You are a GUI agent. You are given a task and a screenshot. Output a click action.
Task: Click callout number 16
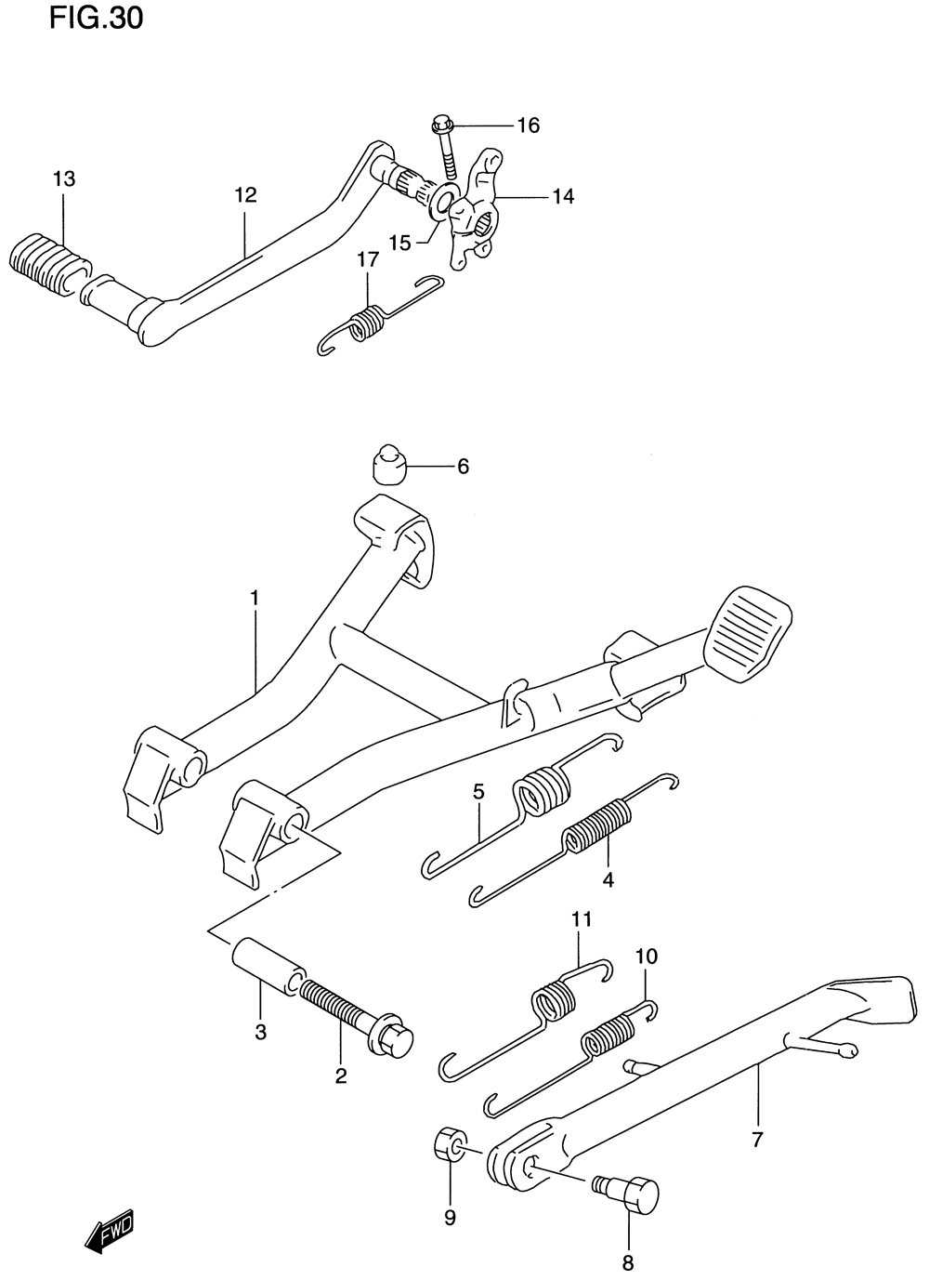tap(528, 125)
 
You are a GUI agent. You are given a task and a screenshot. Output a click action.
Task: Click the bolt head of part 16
tap(440, 124)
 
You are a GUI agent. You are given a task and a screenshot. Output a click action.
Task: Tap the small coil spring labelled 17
tap(367, 321)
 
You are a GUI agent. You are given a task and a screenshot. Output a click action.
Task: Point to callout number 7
tap(757, 1139)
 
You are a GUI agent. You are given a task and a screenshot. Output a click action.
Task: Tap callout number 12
tap(245, 195)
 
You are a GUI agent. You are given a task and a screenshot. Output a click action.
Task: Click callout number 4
tap(608, 878)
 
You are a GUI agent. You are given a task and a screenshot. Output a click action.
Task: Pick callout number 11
tap(582, 919)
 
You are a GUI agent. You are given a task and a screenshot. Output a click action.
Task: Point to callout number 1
tap(255, 597)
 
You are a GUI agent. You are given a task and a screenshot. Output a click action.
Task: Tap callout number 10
tap(647, 956)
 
